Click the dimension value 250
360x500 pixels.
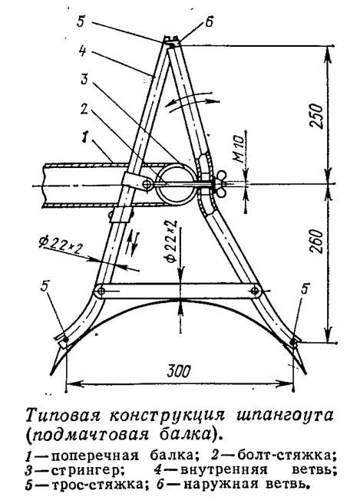tap(316, 115)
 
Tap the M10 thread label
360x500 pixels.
tap(240, 150)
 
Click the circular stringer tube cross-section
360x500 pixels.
tap(176, 184)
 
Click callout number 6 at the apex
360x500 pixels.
tap(209, 23)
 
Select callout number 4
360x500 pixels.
tap(83, 51)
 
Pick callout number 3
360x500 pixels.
tap(84, 78)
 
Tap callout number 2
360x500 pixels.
tap(84, 110)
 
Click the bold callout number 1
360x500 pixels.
tap(84, 138)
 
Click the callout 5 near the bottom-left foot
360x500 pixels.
tap(45, 287)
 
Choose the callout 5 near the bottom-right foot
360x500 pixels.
tap(306, 289)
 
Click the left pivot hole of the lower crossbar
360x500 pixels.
tap(101, 291)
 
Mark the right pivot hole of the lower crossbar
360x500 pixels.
tap(255, 291)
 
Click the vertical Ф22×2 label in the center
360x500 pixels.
tap(172, 241)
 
